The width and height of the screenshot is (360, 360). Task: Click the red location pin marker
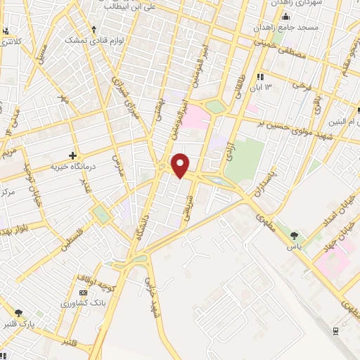tap(181, 164)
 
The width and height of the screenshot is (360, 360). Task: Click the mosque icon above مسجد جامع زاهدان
tap(285, 15)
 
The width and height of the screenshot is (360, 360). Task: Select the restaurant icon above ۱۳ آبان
tap(260, 77)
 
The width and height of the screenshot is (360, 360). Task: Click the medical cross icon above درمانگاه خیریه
tap(72, 155)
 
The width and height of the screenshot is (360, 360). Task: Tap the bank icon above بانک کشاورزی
tap(84, 292)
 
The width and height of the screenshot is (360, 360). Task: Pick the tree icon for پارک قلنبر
tap(18, 312)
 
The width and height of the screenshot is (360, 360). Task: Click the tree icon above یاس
tap(293, 236)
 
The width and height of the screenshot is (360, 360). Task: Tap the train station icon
tap(337, 329)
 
